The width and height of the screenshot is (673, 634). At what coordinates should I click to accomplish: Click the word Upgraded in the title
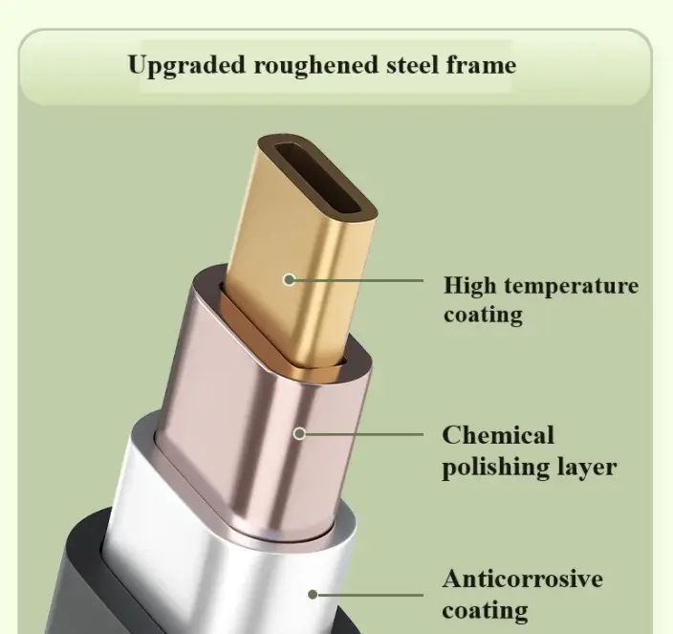coord(186,66)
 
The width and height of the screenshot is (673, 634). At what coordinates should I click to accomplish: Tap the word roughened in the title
coord(316,66)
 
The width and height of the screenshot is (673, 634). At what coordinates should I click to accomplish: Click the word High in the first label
coord(469,286)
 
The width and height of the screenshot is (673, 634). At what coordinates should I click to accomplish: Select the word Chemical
coord(498,435)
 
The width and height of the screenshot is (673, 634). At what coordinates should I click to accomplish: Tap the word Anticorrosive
coord(523,579)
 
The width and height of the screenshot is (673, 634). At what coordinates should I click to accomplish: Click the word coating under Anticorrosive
coord(485,611)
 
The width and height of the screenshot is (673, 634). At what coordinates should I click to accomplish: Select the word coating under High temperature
coord(484,316)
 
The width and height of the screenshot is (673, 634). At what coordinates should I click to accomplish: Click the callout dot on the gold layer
coord(290,280)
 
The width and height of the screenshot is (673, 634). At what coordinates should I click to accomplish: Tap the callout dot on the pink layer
coord(300,433)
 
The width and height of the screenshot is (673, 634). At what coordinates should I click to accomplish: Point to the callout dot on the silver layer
coord(313,595)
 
